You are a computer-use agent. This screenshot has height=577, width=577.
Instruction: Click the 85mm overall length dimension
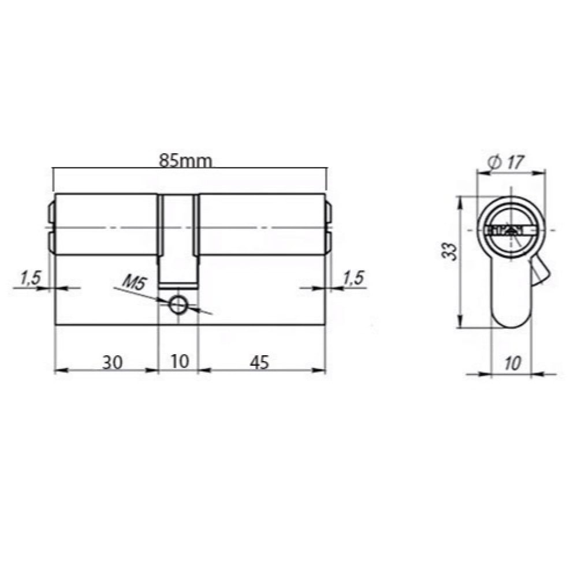tap(185, 161)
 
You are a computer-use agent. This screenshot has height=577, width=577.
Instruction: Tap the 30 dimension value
tap(112, 363)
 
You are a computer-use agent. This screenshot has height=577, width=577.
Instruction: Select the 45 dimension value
tap(259, 363)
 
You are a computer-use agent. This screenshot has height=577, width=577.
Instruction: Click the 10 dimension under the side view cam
tap(180, 361)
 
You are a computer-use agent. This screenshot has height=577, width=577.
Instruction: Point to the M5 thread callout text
tap(135, 283)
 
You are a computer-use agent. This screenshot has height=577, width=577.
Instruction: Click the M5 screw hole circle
tap(178, 305)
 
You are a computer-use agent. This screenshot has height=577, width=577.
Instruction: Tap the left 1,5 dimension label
tap(31, 278)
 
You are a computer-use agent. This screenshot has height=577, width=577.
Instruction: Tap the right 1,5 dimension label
tap(353, 278)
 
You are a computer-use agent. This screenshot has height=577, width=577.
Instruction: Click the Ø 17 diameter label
tap(505, 162)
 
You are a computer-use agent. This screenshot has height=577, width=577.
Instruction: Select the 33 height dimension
tap(450, 251)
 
